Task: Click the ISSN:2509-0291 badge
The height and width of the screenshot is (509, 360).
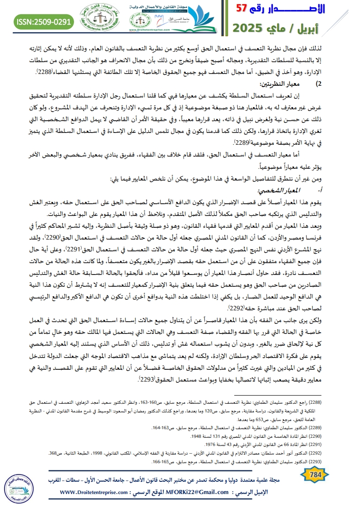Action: pyautogui.click(x=43, y=21)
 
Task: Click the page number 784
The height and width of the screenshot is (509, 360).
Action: pyautogui.click(x=314, y=473)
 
